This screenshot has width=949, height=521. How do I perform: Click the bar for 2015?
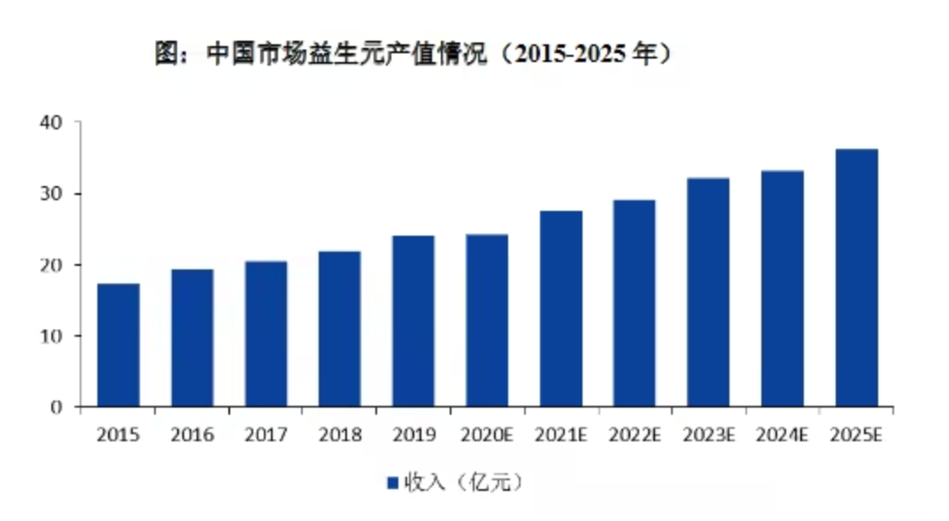coord(119,346)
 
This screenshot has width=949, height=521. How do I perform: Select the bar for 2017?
coord(266,334)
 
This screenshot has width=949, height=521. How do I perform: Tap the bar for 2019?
coord(413,321)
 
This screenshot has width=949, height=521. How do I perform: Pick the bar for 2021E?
coord(561,308)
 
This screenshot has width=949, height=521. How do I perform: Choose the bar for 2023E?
coord(708,292)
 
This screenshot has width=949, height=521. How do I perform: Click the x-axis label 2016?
coord(192,434)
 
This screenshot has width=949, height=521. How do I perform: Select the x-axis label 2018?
coord(340,434)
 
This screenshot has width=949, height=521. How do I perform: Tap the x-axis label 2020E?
coord(487,434)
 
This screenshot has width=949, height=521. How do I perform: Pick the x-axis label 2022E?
coord(635,434)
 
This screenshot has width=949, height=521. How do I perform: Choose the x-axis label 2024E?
coord(782,434)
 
